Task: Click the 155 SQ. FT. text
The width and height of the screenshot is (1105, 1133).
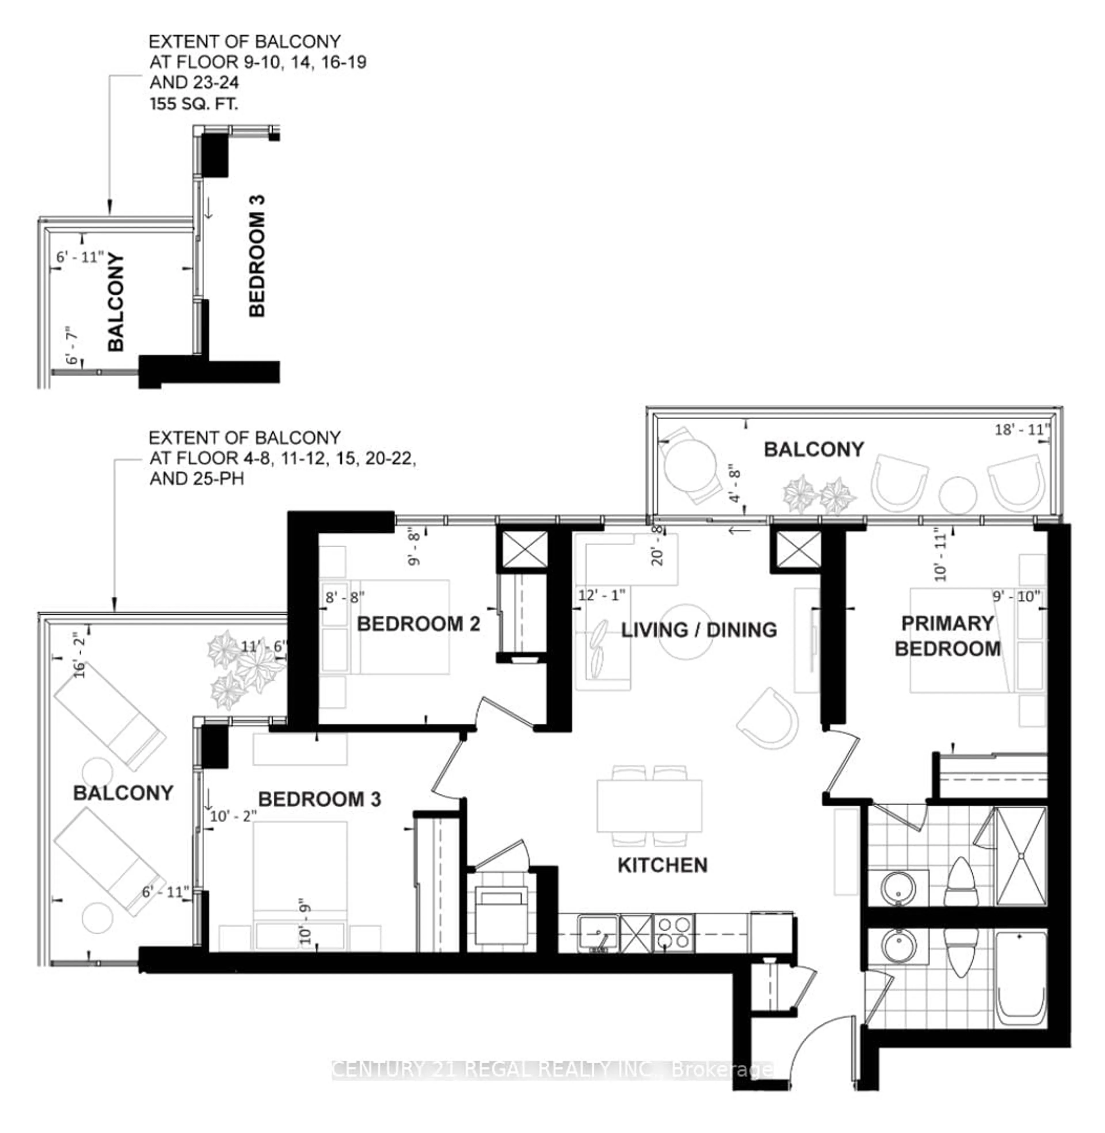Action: tap(194, 104)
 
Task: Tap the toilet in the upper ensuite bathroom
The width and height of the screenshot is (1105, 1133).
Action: tap(962, 882)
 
